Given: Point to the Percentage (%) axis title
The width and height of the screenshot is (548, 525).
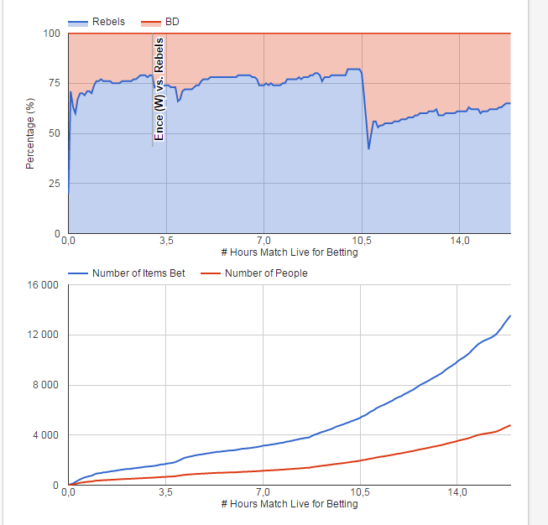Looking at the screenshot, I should tap(30, 133).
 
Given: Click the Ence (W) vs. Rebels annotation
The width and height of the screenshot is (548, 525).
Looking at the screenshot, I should tap(159, 92).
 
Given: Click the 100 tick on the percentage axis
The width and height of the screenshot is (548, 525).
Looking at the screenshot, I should tap(52, 34).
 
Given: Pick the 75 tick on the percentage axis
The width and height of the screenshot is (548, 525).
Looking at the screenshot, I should tap(55, 83).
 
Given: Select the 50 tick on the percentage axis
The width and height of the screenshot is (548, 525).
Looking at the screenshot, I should tap(55, 133).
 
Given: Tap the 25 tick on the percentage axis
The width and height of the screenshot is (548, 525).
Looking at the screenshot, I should tap(55, 183).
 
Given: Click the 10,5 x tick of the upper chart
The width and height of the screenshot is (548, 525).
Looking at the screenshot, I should tap(361, 242).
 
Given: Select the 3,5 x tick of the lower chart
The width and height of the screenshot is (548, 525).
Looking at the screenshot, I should tap(165, 493).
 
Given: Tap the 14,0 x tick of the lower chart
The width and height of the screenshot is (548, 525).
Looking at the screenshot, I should tap(459, 493).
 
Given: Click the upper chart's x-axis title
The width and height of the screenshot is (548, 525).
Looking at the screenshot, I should tap(289, 252).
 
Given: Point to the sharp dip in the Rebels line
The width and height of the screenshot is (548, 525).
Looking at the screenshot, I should tap(368, 148).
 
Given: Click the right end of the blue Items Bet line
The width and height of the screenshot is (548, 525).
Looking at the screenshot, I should tap(509, 316).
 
